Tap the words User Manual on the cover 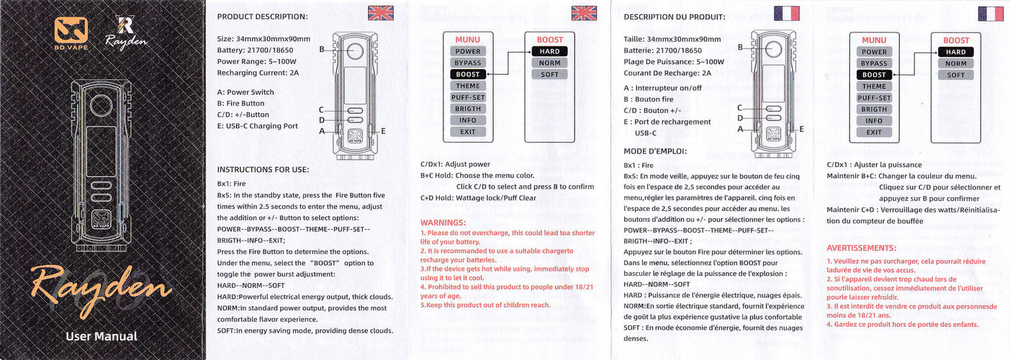click(101, 336)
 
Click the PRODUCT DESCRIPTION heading click(262, 17)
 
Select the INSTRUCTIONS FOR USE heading click(263, 170)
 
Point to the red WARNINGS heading click(443, 222)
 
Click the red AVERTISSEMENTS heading click(861, 248)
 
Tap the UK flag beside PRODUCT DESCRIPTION click(380, 12)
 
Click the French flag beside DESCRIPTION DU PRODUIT click(787, 13)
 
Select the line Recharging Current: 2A click(258, 73)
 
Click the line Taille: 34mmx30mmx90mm click(672, 39)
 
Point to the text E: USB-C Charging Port click(257, 126)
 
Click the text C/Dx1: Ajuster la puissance click(874, 165)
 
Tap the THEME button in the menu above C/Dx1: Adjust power click(467, 86)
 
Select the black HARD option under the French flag click(955, 52)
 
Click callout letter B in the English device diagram click(323, 50)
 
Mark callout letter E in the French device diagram click(801, 128)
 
